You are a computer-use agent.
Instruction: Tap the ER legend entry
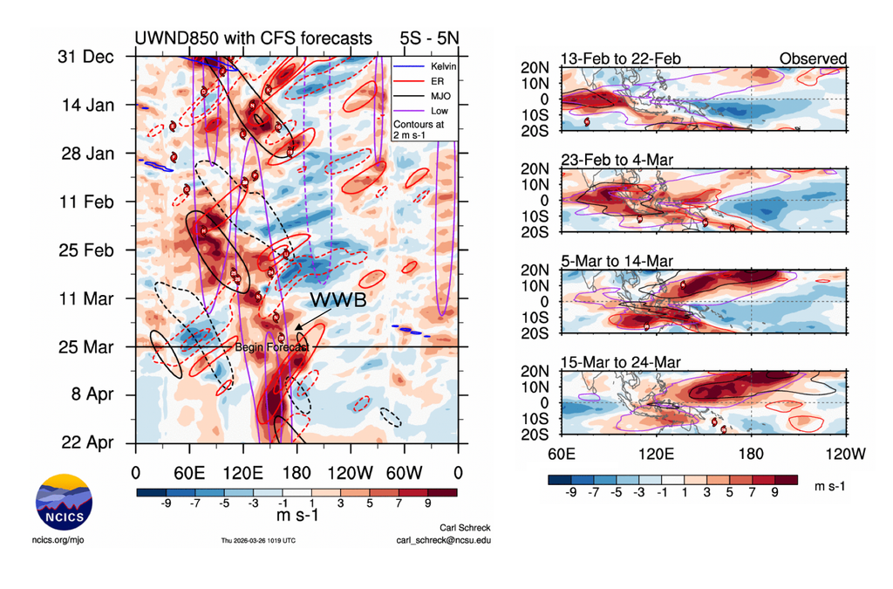coord(431,79)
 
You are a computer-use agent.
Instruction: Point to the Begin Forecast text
coord(271,348)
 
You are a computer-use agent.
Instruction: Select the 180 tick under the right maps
coord(751,454)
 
